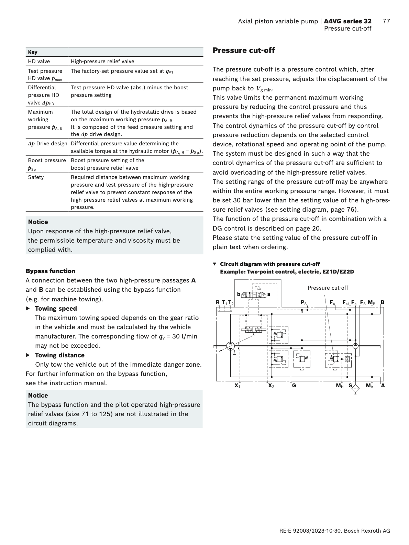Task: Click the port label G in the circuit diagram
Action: tap(294, 386)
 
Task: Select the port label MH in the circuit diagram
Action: tap(340, 386)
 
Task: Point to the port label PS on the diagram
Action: tap(303, 303)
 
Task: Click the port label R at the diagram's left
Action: tap(218, 302)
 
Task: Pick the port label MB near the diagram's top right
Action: tap(372, 303)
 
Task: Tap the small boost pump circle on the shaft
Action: tap(355, 346)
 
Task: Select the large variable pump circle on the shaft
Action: tap(231, 346)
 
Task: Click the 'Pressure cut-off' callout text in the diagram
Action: tap(328, 288)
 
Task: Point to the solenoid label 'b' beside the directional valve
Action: tap(239, 294)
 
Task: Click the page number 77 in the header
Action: tap(386, 21)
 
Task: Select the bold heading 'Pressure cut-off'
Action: tap(244, 51)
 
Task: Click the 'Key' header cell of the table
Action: tap(33, 52)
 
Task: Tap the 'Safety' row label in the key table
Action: tap(36, 177)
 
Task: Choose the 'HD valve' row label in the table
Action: tap(39, 62)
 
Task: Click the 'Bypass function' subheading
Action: tap(51, 271)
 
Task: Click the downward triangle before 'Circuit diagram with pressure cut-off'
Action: tap(215, 264)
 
